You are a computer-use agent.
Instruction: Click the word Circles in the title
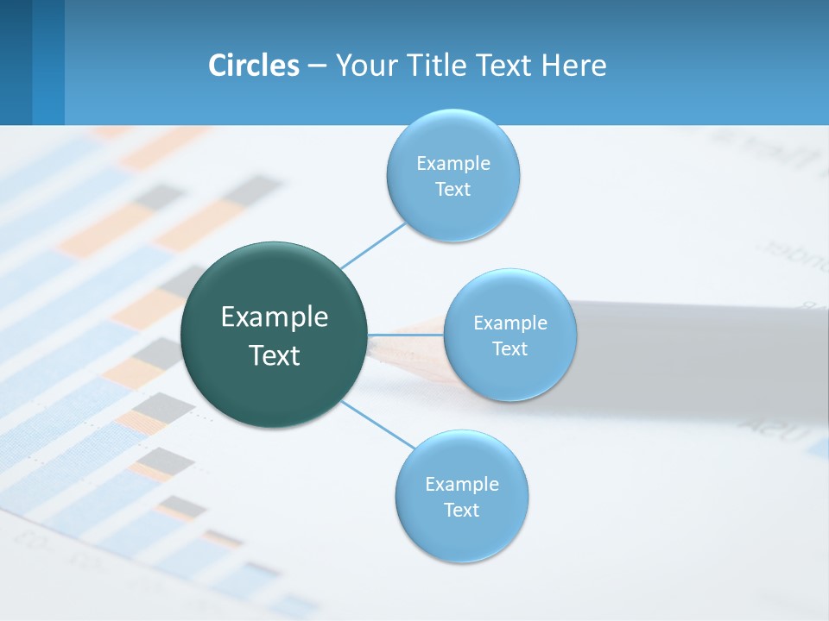pyautogui.click(x=254, y=66)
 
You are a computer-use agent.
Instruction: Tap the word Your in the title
pyautogui.click(x=363, y=66)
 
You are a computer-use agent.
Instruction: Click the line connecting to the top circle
pyautogui.click(x=373, y=245)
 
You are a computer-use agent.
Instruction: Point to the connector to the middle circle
pyautogui.click(x=405, y=335)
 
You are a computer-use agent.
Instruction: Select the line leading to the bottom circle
pyautogui.click(x=378, y=424)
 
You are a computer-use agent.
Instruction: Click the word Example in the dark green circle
pyautogui.click(x=275, y=317)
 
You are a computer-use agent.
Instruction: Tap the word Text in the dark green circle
pyautogui.click(x=275, y=355)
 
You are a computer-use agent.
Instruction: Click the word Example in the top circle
pyautogui.click(x=453, y=163)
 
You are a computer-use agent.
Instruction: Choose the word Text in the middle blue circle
pyautogui.click(x=509, y=348)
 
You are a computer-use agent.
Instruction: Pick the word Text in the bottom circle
pyautogui.click(x=461, y=510)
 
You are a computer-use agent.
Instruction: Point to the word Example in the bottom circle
pyautogui.click(x=462, y=484)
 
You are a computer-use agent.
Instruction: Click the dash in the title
pyautogui.click(x=317, y=66)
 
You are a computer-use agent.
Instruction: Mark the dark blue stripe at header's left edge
pyautogui.click(x=16, y=62)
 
